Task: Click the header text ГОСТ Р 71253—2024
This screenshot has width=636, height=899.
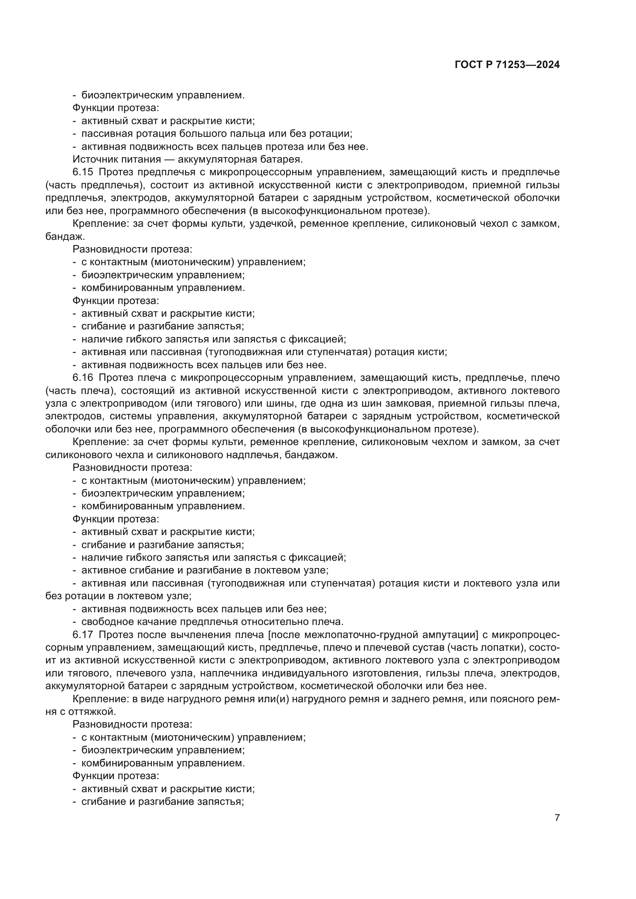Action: click(507, 65)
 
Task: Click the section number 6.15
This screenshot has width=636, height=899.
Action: click(83, 172)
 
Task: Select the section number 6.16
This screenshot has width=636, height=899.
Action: click(83, 378)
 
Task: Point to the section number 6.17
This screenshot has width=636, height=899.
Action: click(83, 635)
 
